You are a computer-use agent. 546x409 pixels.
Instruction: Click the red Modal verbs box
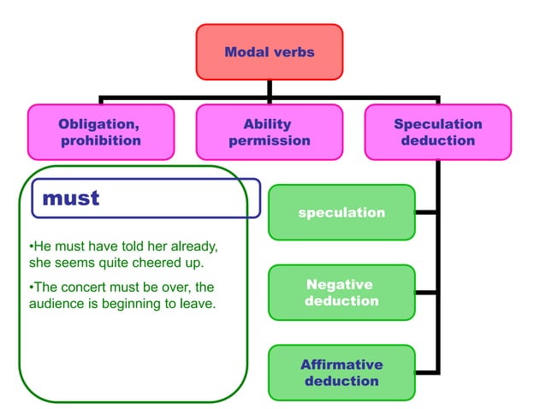pyautogui.click(x=269, y=52)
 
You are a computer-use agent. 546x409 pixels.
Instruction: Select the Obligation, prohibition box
pyautogui.click(x=101, y=132)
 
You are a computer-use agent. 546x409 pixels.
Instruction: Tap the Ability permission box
pyautogui.click(x=269, y=132)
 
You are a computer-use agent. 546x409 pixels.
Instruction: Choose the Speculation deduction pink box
pyautogui.click(x=437, y=132)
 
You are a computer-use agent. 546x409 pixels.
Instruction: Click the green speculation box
pyautogui.click(x=341, y=212)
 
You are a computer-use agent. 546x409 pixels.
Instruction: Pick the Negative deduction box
pyautogui.click(x=341, y=293)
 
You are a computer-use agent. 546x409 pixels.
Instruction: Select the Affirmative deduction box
pyautogui.click(x=341, y=372)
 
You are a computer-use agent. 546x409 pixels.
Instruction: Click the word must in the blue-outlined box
pyautogui.click(x=71, y=199)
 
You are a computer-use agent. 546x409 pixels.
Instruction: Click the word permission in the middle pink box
pyautogui.click(x=269, y=140)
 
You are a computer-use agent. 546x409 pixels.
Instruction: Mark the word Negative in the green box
pyautogui.click(x=340, y=284)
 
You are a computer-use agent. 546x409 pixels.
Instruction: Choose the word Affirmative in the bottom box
pyautogui.click(x=341, y=365)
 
